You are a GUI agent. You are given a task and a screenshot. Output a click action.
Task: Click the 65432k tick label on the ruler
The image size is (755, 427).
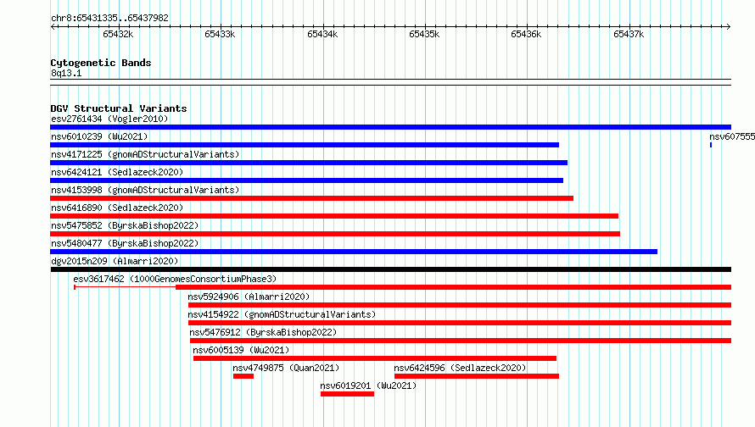118,34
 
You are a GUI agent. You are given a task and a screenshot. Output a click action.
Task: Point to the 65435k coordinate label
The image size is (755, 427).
424,34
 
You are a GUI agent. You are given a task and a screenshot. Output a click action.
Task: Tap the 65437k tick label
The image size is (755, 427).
629,34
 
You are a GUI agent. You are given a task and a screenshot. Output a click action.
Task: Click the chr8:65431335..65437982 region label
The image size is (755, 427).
109,19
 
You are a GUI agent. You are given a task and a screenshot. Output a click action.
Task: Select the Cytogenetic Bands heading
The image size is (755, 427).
101,63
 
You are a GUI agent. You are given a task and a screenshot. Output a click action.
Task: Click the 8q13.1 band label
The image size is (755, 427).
66,73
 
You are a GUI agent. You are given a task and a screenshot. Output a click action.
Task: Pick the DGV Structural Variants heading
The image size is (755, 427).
119,108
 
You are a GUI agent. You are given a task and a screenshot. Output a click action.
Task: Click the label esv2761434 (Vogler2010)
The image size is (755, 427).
109,119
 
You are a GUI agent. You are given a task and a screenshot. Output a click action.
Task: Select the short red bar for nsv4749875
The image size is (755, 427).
243,376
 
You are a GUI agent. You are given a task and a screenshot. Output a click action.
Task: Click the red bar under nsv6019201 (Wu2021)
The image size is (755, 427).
347,394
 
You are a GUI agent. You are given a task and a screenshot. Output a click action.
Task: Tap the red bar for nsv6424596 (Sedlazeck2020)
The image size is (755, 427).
477,376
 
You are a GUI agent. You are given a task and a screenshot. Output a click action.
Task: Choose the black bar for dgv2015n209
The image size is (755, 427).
391,269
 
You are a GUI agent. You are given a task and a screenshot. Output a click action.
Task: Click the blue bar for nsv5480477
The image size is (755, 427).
354,252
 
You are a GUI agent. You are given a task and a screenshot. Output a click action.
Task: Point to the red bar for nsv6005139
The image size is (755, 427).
375,358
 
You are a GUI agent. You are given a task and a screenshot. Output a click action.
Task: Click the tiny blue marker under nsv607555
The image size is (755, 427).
711,145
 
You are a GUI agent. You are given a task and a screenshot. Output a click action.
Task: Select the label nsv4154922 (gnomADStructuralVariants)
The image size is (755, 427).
282,314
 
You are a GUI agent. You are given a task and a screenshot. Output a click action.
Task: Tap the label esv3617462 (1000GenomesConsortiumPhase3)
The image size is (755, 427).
175,279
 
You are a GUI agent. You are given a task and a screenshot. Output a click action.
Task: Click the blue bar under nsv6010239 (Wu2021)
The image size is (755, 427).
305,145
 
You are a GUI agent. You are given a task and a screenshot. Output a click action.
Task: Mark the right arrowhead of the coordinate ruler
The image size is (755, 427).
729,26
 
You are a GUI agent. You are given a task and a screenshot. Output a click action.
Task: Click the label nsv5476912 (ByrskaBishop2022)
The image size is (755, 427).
263,332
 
